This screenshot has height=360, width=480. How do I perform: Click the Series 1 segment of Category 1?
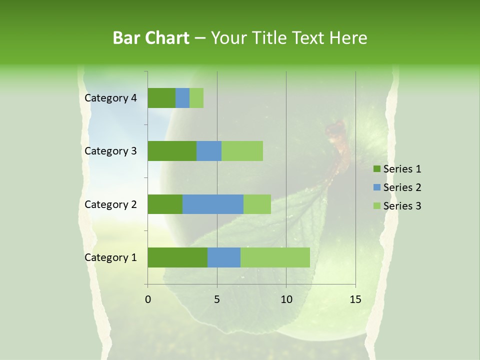(177, 257)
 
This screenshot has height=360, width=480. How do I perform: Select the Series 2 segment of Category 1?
(224, 257)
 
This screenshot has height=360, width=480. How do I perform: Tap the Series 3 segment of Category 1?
(275, 257)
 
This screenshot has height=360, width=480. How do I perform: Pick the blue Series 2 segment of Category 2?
(213, 204)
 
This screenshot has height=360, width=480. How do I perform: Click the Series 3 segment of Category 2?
(257, 204)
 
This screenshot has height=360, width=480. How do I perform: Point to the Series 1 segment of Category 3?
(172, 151)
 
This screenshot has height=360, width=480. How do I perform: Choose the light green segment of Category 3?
(242, 151)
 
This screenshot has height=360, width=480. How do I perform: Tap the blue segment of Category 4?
(182, 98)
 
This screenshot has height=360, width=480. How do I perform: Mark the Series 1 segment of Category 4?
(161, 98)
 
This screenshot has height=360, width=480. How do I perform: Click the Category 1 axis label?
(110, 257)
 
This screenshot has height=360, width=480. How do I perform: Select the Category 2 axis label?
(110, 204)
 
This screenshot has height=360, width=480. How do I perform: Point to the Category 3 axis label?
(110, 151)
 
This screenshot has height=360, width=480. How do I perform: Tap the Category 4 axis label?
(110, 98)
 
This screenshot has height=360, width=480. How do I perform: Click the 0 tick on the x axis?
(148, 299)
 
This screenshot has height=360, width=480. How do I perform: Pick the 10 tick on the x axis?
(286, 299)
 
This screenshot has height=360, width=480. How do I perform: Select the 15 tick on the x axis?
(355, 299)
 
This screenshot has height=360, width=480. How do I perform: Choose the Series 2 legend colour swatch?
(376, 187)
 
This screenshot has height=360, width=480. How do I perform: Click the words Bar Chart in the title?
(151, 38)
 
